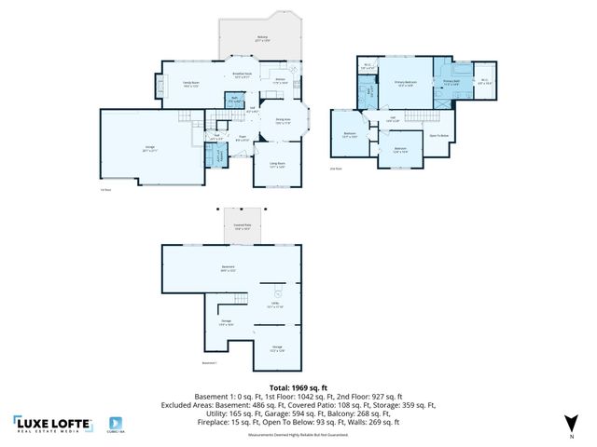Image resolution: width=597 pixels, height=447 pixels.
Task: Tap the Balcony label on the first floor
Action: click(262, 39)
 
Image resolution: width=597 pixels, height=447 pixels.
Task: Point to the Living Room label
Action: click(278, 165)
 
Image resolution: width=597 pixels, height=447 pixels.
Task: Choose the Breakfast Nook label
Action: click(241, 75)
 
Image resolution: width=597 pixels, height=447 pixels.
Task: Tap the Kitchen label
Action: click(280, 81)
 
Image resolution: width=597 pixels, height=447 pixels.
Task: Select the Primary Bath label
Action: click(451, 84)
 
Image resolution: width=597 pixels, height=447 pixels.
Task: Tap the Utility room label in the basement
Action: click(276, 305)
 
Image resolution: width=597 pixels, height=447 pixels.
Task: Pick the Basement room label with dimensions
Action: click(227, 270)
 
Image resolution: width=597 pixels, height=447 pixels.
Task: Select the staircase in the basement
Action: click(240, 300)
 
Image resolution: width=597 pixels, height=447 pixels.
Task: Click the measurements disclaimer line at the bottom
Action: click(298, 434)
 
